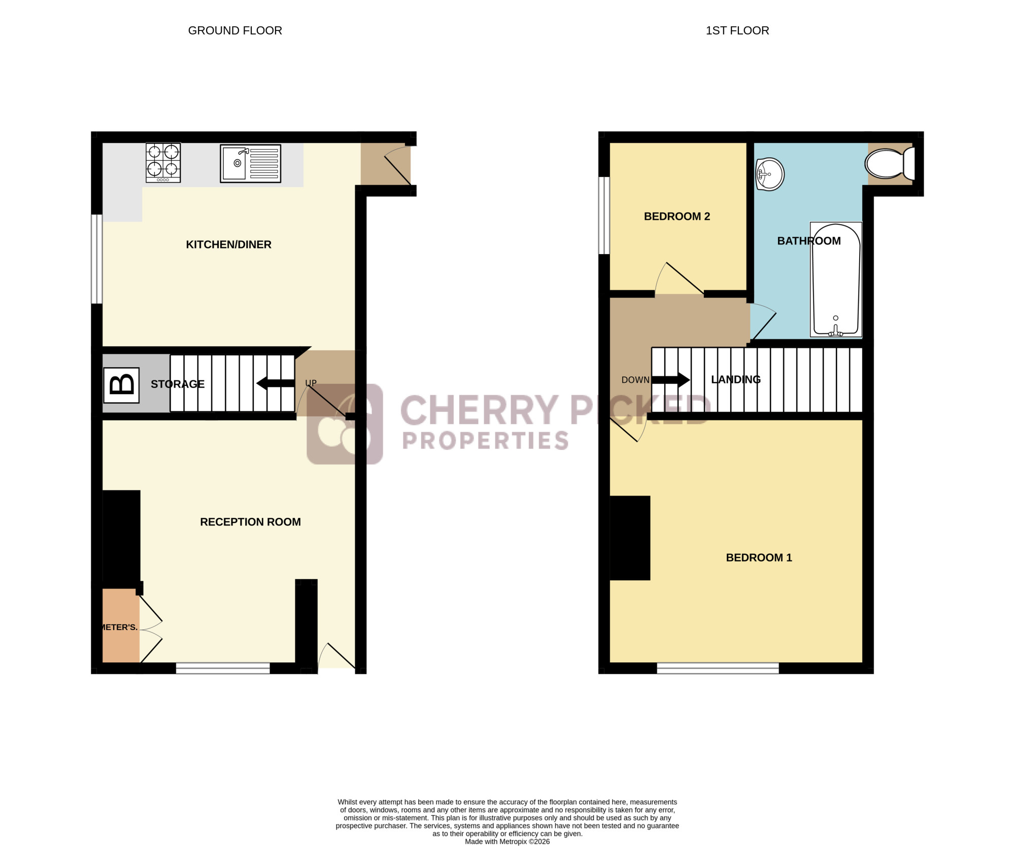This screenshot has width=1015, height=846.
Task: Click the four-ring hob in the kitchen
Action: tap(163, 163)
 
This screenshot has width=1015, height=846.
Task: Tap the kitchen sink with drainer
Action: tap(251, 163)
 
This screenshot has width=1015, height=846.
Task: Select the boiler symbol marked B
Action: tap(121, 385)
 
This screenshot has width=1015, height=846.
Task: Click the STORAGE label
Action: tap(178, 384)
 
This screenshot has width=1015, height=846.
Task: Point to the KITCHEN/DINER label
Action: tap(228, 244)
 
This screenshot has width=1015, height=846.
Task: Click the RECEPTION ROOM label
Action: tap(250, 522)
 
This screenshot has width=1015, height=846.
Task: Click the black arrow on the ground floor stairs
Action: tap(276, 383)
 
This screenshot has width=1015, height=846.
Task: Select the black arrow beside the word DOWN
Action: tap(670, 379)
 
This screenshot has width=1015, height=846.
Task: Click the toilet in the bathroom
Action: tap(890, 164)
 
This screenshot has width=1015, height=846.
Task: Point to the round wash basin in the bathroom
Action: tap(770, 174)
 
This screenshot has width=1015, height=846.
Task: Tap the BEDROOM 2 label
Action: tap(677, 217)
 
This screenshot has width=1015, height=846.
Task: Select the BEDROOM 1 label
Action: tap(759, 558)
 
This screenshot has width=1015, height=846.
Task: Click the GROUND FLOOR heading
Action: tap(235, 30)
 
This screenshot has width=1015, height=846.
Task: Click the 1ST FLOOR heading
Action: tap(737, 30)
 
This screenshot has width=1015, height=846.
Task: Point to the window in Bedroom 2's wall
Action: tap(604, 215)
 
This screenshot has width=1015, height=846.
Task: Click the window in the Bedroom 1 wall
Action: tap(718, 668)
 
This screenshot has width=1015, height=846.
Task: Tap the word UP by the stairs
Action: tap(311, 383)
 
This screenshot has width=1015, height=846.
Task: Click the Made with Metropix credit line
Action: tap(507, 841)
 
